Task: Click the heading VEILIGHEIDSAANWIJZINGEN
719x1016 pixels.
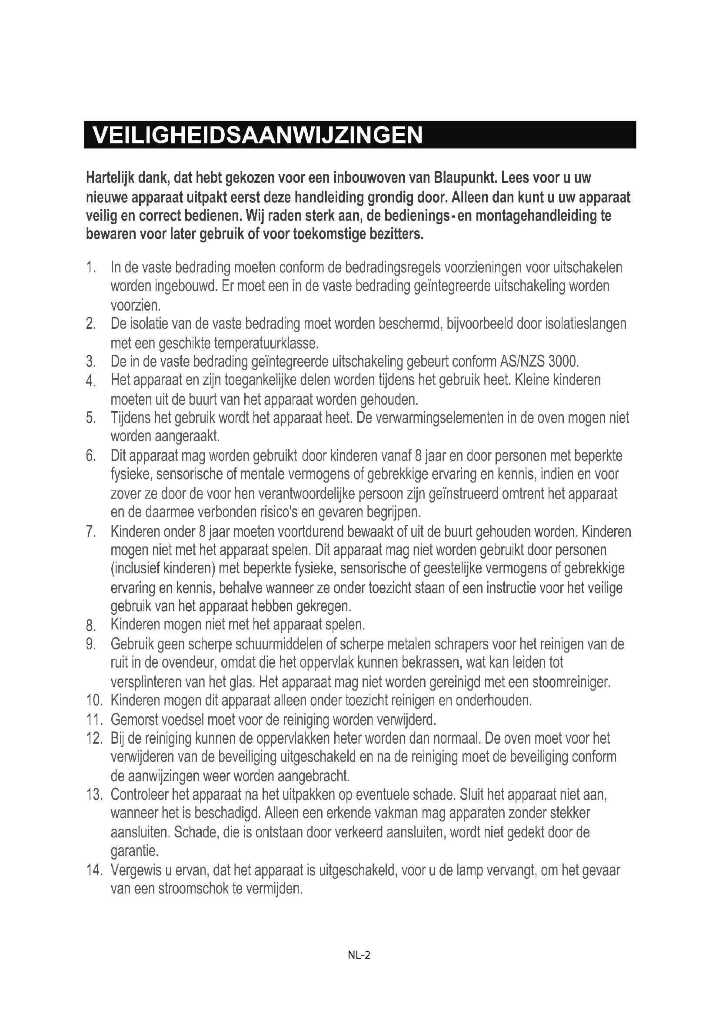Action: tap(258, 135)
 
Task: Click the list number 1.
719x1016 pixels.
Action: tap(91, 268)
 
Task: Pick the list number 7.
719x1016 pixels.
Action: tap(91, 531)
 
